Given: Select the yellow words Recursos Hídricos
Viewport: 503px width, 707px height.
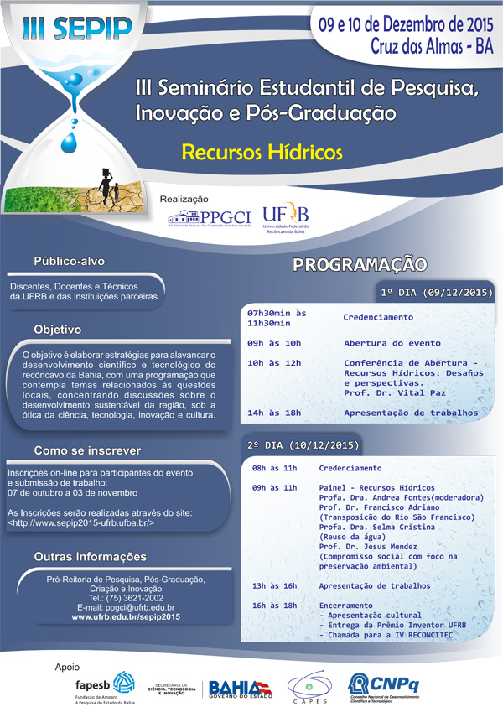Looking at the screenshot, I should pyautogui.click(x=251, y=153).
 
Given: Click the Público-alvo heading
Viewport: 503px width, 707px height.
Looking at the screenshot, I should pyautogui.click(x=80, y=260).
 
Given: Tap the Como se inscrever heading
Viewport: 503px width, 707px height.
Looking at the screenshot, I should pyautogui.click(x=88, y=450).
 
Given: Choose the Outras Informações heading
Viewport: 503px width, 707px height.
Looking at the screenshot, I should pyautogui.click(x=90, y=557).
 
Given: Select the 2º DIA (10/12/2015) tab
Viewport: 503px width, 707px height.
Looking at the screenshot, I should pyautogui.click(x=303, y=444).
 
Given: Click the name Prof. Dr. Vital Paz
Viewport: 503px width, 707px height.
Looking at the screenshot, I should pyautogui.click(x=394, y=392).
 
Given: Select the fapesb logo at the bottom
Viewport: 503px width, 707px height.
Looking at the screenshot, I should pyautogui.click(x=105, y=683).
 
